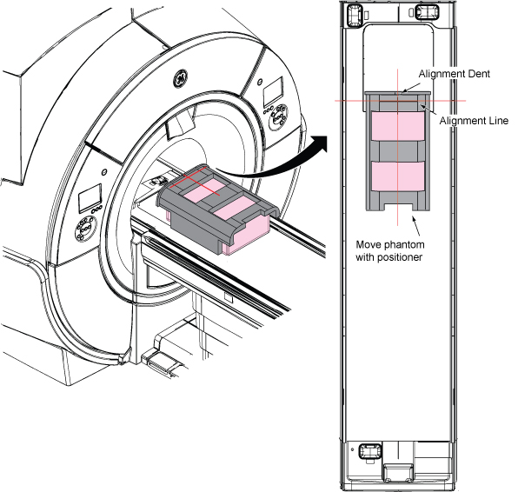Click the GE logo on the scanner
(181, 78)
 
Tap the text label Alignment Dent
(455, 74)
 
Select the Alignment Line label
(474, 121)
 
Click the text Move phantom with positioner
(390, 251)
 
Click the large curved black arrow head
(319, 143)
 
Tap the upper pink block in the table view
(398, 126)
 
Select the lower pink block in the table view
(398, 176)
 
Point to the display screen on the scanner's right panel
(274, 91)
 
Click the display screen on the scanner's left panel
(90, 198)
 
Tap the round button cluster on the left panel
(85, 228)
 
